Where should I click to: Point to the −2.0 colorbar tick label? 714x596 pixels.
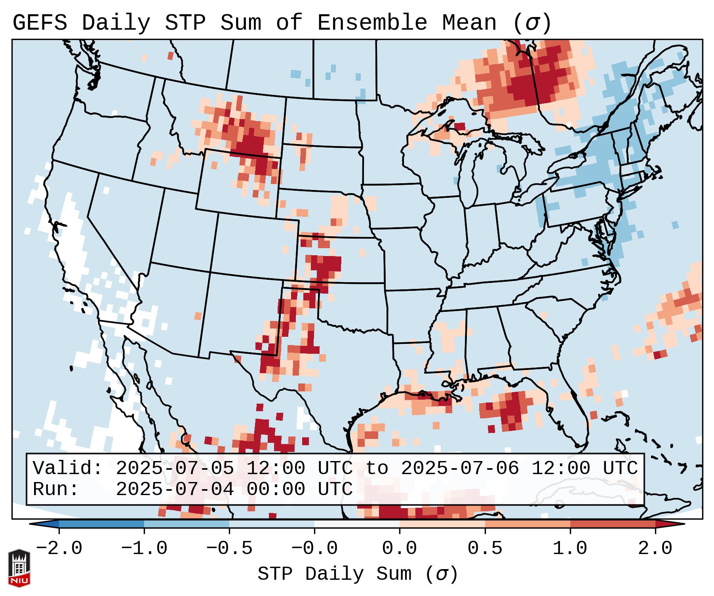(59, 549)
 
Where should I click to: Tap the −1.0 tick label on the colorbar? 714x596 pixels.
(144, 549)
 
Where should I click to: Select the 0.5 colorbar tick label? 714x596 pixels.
(485, 549)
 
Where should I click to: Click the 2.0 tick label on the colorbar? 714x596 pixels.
(655, 549)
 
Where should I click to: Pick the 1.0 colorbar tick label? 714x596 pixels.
(570, 549)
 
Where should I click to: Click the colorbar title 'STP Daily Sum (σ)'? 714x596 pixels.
(358, 574)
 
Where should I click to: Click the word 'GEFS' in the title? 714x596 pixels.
(40, 23)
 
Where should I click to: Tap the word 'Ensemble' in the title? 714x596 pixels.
(372, 23)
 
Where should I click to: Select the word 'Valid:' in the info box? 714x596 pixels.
(68, 469)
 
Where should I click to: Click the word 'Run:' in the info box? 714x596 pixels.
(56, 490)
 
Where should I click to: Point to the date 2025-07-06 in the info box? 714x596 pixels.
(460, 469)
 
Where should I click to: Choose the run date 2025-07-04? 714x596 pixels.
(175, 490)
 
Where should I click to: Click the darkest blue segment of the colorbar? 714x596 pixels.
(101, 524)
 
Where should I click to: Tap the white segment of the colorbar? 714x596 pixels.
(357, 524)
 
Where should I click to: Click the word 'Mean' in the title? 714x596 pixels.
(469, 23)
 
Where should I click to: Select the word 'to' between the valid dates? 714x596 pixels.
(377, 469)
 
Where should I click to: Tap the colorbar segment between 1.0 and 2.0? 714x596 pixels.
(613, 524)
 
